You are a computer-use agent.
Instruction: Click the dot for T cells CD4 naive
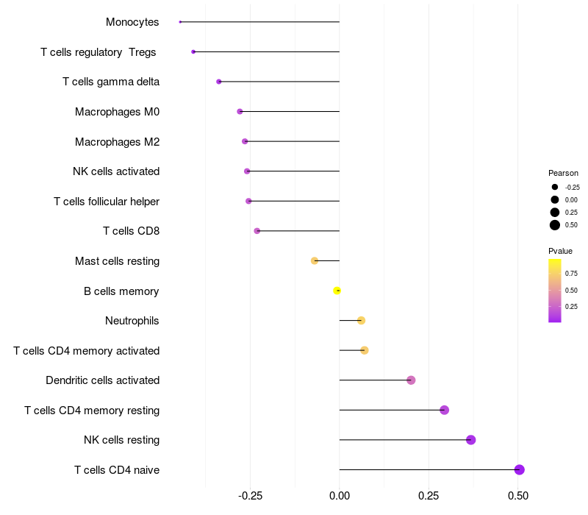point(519,469)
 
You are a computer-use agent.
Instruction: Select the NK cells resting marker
point(471,440)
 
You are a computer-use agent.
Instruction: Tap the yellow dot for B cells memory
point(337,291)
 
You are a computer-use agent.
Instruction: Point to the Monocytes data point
point(180,22)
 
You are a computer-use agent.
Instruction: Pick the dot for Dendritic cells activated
point(411,380)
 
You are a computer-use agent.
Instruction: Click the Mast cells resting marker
point(315,260)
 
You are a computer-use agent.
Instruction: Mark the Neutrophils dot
point(361,320)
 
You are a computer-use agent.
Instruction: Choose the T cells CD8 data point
point(257,231)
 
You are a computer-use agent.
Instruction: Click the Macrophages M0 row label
point(117,112)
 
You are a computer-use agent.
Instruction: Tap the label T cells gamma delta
point(111,82)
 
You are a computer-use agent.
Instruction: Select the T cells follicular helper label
point(107,202)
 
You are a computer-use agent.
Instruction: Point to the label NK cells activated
point(116,171)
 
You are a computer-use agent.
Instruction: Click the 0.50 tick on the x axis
point(518,496)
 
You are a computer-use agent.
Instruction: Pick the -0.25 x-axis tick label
point(250,496)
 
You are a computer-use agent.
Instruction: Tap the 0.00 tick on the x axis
point(340,496)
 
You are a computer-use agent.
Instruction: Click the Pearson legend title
point(563,173)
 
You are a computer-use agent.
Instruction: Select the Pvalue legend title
point(560,251)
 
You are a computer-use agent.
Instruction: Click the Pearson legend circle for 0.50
point(555,225)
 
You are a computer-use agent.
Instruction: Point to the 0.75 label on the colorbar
point(571,273)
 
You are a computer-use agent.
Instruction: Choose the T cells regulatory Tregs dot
point(193,51)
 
